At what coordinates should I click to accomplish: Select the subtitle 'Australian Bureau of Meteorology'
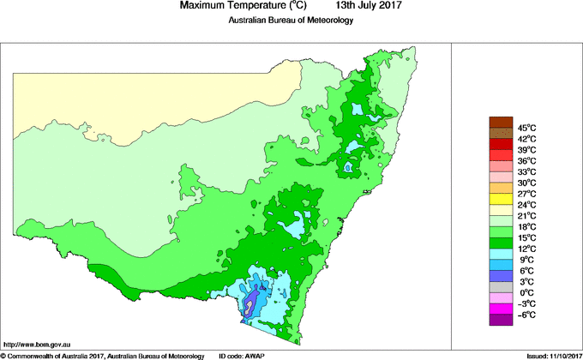pyautogui.click(x=290, y=21)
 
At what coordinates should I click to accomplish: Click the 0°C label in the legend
pyautogui.click(x=526, y=293)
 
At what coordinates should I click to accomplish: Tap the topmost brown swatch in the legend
pyautogui.click(x=500, y=122)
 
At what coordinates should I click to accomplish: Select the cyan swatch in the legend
pyautogui.click(x=500, y=255)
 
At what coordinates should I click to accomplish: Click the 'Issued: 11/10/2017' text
pyautogui.click(x=547, y=355)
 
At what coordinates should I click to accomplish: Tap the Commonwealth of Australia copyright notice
pyautogui.click(x=103, y=355)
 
